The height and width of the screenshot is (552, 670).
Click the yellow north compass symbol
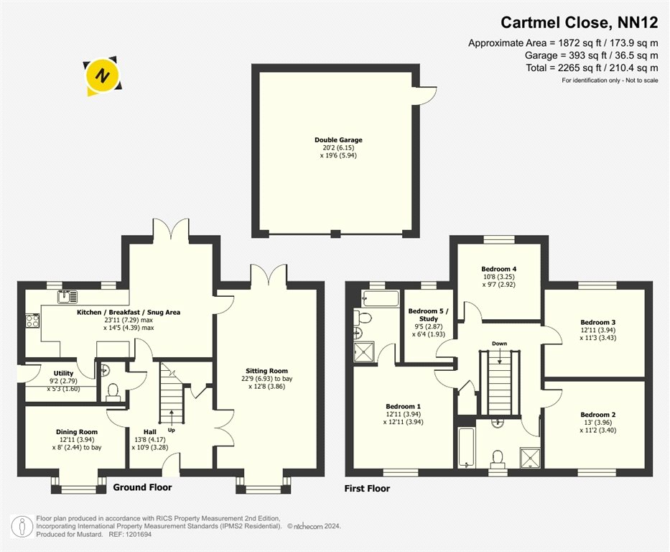103,76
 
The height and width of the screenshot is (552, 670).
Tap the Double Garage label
338,140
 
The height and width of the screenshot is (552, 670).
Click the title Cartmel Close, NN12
579,22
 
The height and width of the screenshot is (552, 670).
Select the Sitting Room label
266,371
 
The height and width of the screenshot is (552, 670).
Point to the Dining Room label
77,432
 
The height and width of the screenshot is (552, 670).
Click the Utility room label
63,373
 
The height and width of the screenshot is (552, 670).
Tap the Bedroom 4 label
498,269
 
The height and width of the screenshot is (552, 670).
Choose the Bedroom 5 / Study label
428,315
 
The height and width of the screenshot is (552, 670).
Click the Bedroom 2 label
597,415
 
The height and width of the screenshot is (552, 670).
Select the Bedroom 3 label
597,323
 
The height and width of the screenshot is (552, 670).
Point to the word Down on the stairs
499,344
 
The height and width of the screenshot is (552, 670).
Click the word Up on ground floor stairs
172,430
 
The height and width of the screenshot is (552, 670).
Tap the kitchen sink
68,296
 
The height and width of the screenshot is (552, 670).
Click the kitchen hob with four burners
32,321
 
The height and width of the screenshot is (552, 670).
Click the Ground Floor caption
142,487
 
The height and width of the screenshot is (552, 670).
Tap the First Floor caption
367,488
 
